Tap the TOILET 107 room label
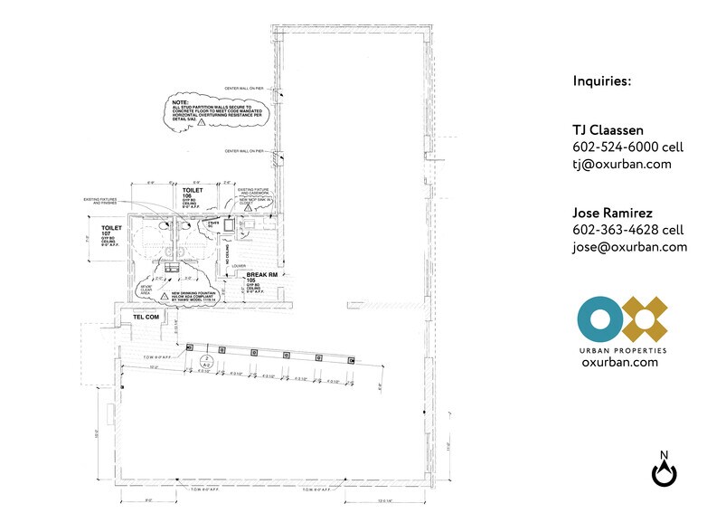pyautogui.click(x=111, y=229)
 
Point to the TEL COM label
pyautogui.click(x=146, y=317)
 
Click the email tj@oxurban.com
pyautogui.click(x=622, y=164)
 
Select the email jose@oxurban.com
pyautogui.click(x=629, y=247)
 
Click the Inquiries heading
pyautogui.click(x=601, y=81)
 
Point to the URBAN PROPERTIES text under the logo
pyautogui.click(x=621, y=349)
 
